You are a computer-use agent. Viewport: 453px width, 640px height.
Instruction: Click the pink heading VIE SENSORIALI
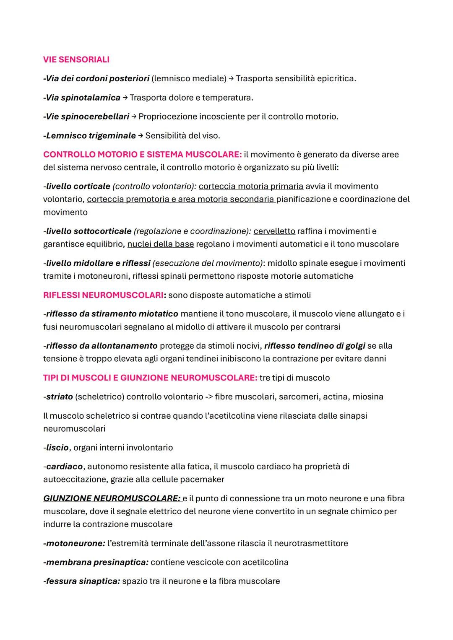[x=76, y=60]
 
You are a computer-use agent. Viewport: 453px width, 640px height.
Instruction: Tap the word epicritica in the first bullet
[x=336, y=78]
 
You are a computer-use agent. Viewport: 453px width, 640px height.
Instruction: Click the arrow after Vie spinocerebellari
[x=134, y=117]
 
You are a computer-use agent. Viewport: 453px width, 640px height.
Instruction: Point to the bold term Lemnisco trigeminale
[x=90, y=136]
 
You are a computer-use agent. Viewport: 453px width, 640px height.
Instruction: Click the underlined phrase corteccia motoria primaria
[x=251, y=186]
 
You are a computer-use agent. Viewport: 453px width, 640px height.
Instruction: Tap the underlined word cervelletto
[x=274, y=231]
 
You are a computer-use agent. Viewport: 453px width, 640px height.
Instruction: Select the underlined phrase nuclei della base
[x=161, y=244]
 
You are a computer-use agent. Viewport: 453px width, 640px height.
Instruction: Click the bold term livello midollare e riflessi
[x=98, y=263]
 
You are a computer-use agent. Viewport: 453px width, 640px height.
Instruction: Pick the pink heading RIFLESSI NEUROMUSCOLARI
[x=103, y=295]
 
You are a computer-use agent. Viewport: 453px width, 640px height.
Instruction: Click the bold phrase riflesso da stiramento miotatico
[x=112, y=314]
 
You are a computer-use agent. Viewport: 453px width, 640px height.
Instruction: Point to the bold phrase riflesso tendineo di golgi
[x=315, y=346]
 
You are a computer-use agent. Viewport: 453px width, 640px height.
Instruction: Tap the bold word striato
[x=59, y=396]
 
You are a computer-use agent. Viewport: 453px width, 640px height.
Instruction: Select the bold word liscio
[x=57, y=448]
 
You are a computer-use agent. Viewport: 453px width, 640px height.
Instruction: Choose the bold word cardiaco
[x=64, y=466]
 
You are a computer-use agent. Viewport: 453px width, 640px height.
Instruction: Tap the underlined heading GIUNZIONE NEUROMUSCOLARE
[x=112, y=498]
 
